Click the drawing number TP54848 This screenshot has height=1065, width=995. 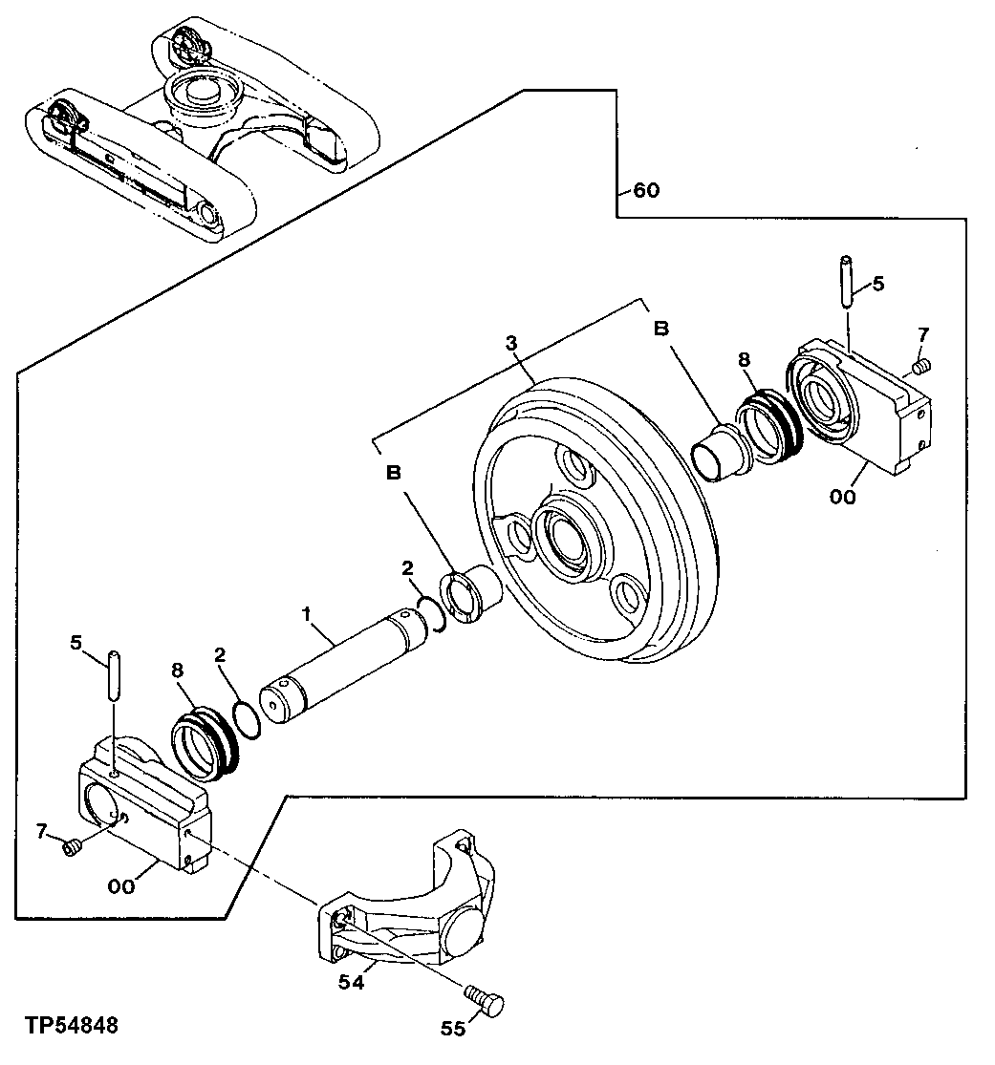point(73,1026)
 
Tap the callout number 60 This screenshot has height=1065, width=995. point(646,190)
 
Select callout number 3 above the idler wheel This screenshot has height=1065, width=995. point(512,342)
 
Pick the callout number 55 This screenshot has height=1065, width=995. point(453,1030)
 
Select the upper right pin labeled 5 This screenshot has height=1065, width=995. point(846,281)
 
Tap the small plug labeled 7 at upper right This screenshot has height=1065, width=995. point(922,365)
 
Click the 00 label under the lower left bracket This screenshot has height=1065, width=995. point(121,886)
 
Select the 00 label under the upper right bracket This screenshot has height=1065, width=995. point(843,497)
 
